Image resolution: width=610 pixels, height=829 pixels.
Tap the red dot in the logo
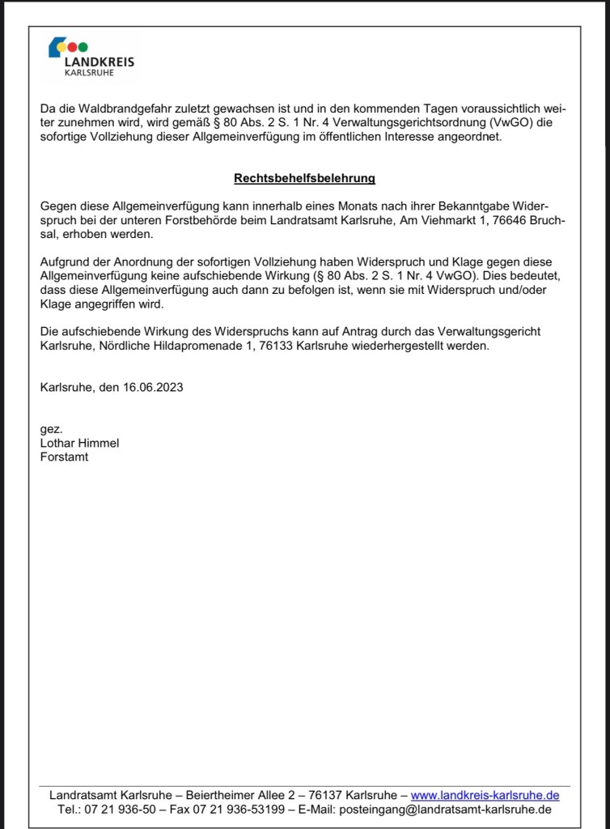(x=72, y=46)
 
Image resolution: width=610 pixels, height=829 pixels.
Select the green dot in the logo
(x=83, y=46)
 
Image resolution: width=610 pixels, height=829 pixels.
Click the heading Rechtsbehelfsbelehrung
(x=304, y=178)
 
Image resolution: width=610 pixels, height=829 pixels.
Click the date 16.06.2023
(x=153, y=387)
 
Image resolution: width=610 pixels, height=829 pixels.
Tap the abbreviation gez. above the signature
(x=51, y=429)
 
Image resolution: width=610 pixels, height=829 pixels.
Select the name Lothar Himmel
(x=79, y=443)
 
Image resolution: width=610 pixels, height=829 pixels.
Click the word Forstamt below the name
(x=64, y=457)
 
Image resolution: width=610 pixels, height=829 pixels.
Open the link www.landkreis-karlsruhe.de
(x=485, y=796)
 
